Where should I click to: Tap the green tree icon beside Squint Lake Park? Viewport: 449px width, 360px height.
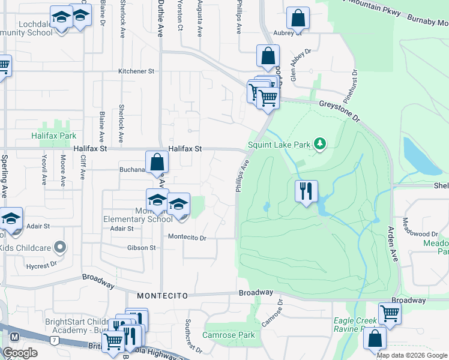[x=321, y=143]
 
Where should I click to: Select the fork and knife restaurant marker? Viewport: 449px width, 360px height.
[x=306, y=191]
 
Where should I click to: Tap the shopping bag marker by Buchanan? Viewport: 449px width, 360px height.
[x=157, y=162]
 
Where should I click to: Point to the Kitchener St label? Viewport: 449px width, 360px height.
[x=136, y=71]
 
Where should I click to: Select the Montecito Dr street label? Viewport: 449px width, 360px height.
[x=187, y=238]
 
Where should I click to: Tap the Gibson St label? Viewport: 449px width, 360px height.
[x=141, y=248]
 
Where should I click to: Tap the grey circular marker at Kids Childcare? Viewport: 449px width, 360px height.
[x=59, y=247]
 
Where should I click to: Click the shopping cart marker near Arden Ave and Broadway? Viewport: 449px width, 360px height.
[x=390, y=313]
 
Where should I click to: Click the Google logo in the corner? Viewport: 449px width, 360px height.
[x=20, y=353]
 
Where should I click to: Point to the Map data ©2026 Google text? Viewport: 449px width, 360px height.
[x=411, y=355]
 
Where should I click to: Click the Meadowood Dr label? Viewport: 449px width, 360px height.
[x=420, y=234]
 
